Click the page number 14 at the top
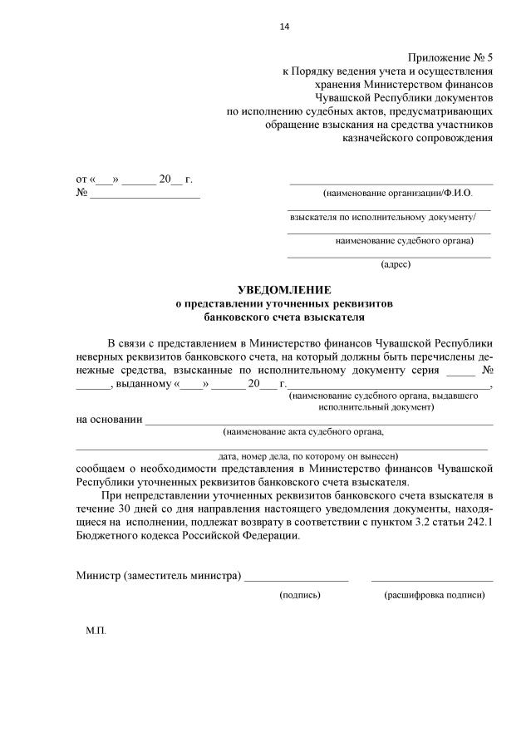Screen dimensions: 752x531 coord(284,27)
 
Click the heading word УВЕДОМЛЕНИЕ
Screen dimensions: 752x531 coord(283,289)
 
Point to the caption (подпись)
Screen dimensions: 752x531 coord(300,595)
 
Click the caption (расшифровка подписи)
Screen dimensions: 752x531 coord(434,595)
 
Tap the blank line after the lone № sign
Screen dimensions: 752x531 coord(145,198)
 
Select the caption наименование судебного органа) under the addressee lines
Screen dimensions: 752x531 coord(404,241)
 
